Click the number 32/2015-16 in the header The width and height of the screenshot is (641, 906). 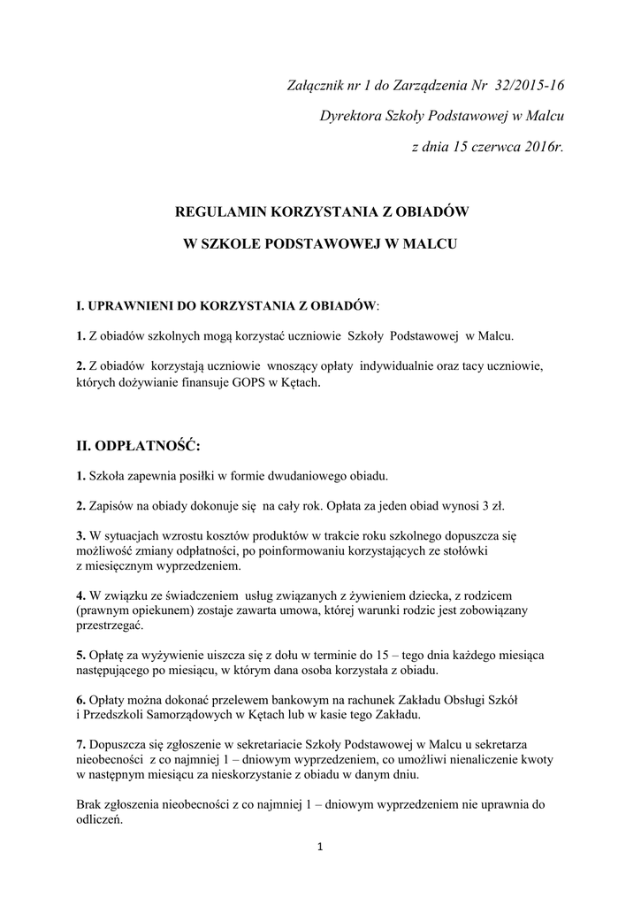(x=527, y=85)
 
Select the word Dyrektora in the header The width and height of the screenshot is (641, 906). (x=348, y=115)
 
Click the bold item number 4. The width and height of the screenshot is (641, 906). (x=80, y=595)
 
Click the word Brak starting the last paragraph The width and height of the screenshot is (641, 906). (x=90, y=804)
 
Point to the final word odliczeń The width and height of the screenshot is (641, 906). (x=99, y=819)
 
